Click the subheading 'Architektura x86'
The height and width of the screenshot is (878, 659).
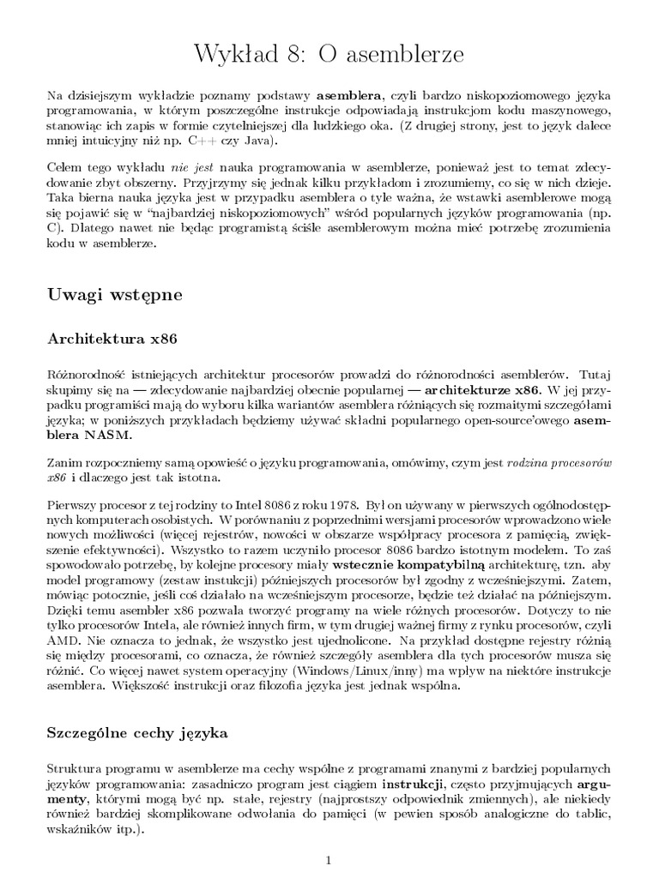[112, 339]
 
